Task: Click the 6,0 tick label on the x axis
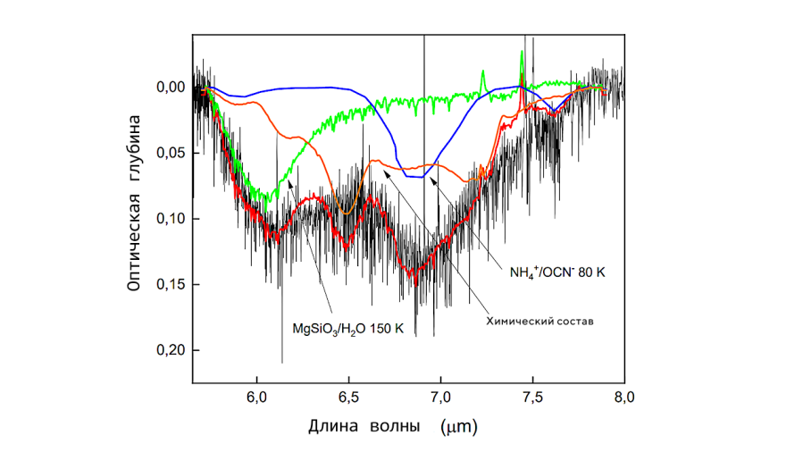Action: [x=256, y=398]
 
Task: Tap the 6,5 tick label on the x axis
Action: [x=348, y=398]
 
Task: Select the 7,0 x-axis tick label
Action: [x=440, y=398]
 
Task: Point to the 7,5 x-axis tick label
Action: [x=532, y=398]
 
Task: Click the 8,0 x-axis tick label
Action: [x=624, y=398]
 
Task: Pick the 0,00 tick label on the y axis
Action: [x=171, y=88]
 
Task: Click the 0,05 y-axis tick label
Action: [x=171, y=153]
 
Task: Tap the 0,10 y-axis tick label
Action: [x=171, y=219]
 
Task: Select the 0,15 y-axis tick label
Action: [x=171, y=284]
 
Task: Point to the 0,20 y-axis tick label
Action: [x=171, y=350]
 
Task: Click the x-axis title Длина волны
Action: [x=364, y=426]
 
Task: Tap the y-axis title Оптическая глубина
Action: [x=134, y=203]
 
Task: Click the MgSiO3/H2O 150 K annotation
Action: [x=347, y=329]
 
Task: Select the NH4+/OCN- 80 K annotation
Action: [x=557, y=272]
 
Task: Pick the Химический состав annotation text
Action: [x=540, y=322]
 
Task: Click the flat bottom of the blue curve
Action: [x=414, y=177]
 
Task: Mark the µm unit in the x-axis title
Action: [x=459, y=426]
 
